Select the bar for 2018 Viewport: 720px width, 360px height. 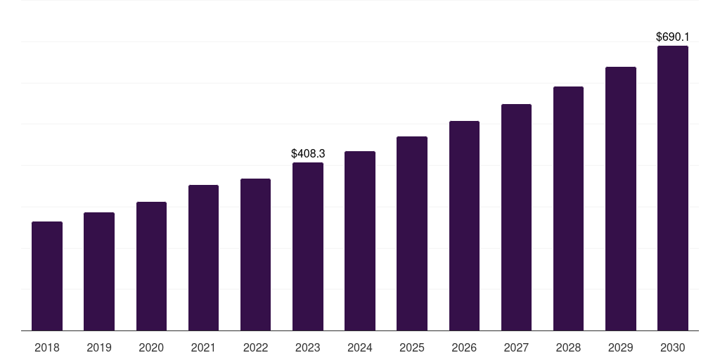[47, 276]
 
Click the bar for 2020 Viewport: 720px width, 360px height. [151, 266]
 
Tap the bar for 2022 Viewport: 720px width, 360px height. [255, 255]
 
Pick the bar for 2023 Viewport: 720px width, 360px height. [308, 247]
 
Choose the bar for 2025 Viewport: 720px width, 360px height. [412, 233]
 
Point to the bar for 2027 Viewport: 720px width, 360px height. [516, 217]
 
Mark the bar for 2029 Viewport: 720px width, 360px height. [620, 199]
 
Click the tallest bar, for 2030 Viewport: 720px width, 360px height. [672, 188]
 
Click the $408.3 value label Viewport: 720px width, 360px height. [308, 153]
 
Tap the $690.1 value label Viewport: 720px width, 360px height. [672, 37]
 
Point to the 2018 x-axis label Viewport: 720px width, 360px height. [47, 347]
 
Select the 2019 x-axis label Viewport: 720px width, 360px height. [99, 347]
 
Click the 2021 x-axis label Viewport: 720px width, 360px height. [203, 347]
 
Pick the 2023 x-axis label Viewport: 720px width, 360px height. [308, 347]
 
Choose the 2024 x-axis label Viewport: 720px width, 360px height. [360, 347]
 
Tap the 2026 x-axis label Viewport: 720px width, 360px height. [464, 347]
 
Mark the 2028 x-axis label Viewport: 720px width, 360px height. [568, 347]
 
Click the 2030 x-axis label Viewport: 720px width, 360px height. [672, 347]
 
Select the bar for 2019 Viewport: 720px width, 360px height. [99, 271]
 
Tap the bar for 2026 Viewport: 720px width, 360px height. [464, 226]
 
